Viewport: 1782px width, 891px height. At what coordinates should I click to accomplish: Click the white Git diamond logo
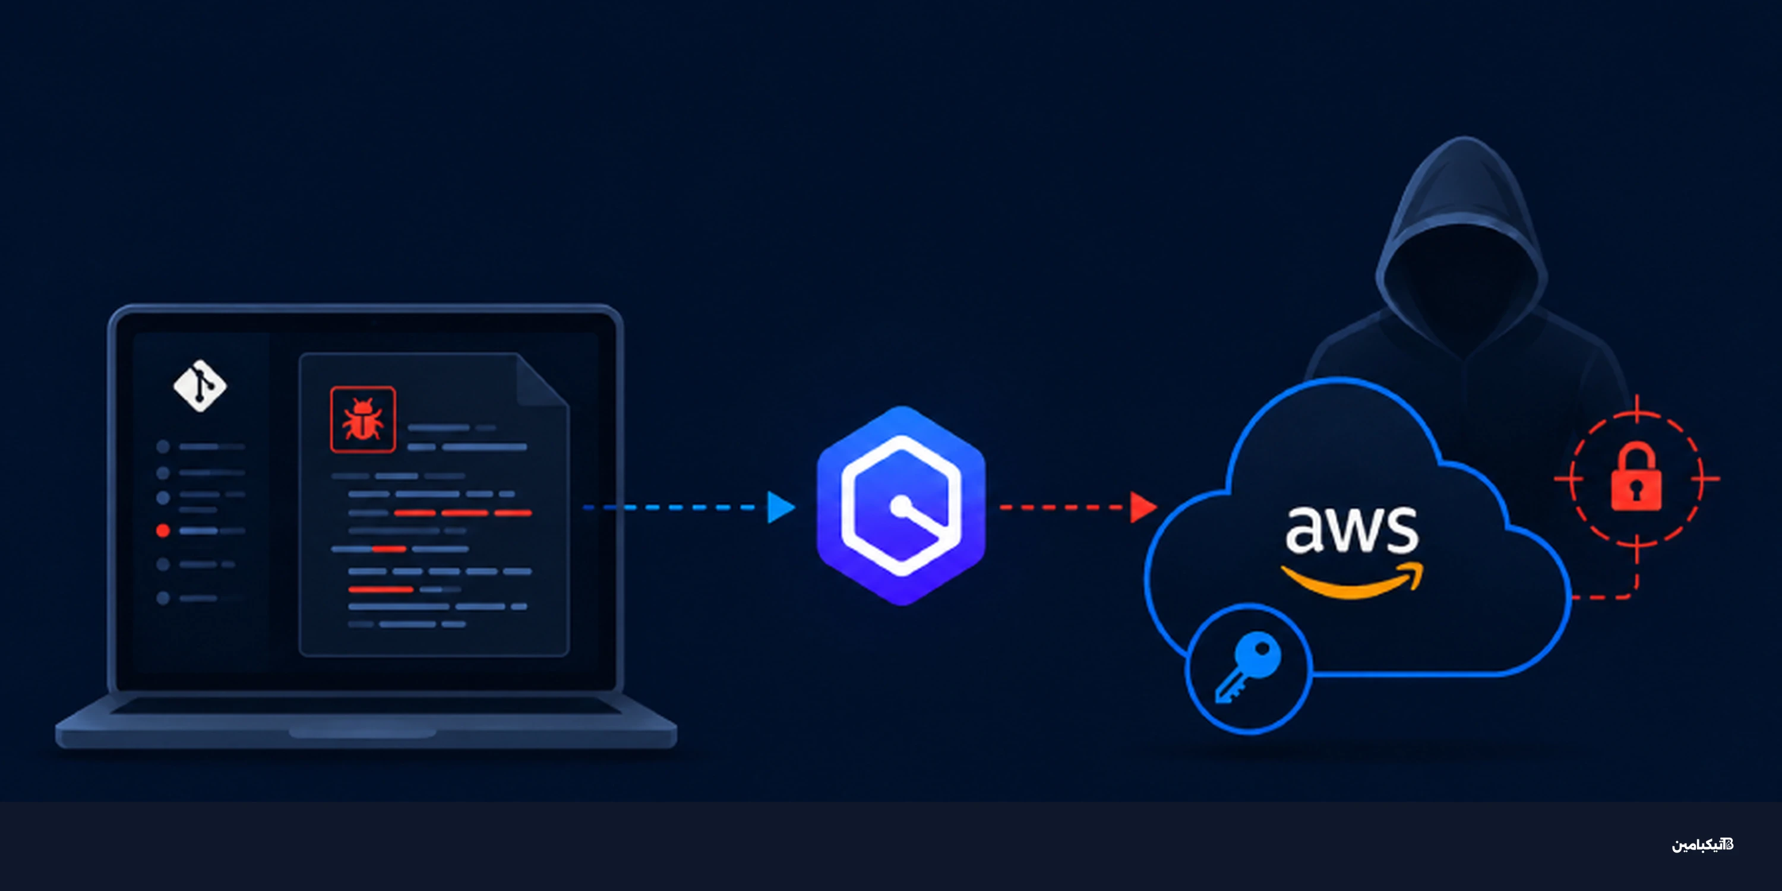[199, 386]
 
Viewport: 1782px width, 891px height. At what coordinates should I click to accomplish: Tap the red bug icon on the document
[362, 419]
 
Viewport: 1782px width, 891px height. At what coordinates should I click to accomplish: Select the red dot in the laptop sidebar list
[163, 530]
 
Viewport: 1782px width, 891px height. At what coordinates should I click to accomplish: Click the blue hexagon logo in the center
[901, 505]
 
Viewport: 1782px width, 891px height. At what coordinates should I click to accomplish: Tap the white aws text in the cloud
[1352, 530]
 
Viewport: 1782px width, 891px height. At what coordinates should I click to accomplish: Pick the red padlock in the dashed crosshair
[1636, 478]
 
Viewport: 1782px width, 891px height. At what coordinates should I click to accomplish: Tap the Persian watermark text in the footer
[1702, 845]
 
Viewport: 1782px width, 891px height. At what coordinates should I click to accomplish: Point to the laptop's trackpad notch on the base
[362, 732]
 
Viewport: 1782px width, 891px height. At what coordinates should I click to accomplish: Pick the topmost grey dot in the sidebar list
[163, 447]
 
